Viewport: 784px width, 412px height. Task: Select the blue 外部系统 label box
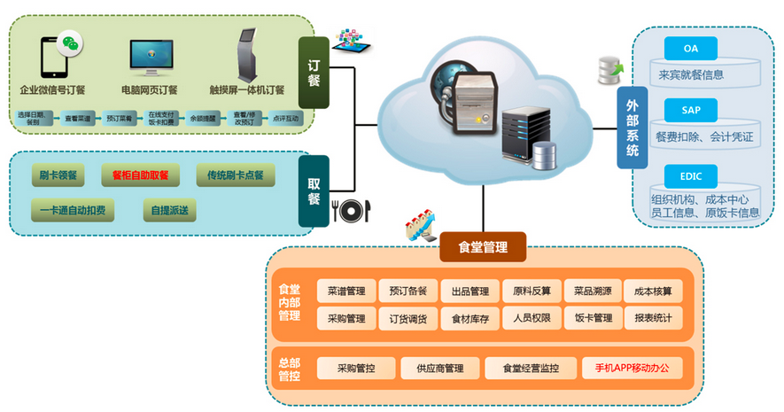coord(632,128)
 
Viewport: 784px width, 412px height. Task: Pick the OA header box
coord(691,48)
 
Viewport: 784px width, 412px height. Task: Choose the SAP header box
coord(691,110)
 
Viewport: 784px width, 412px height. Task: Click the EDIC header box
coord(691,175)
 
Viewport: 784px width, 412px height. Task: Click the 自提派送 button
coord(170,211)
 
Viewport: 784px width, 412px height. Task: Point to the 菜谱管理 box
coord(345,291)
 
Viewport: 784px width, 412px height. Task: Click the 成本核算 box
coord(653,291)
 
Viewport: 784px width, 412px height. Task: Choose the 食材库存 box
coord(470,318)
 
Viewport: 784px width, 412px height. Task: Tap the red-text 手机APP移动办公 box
coord(632,368)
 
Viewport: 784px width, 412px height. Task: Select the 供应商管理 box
coord(440,368)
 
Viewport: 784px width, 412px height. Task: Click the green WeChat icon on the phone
coord(69,43)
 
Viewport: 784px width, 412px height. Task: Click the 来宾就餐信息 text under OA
coord(691,75)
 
